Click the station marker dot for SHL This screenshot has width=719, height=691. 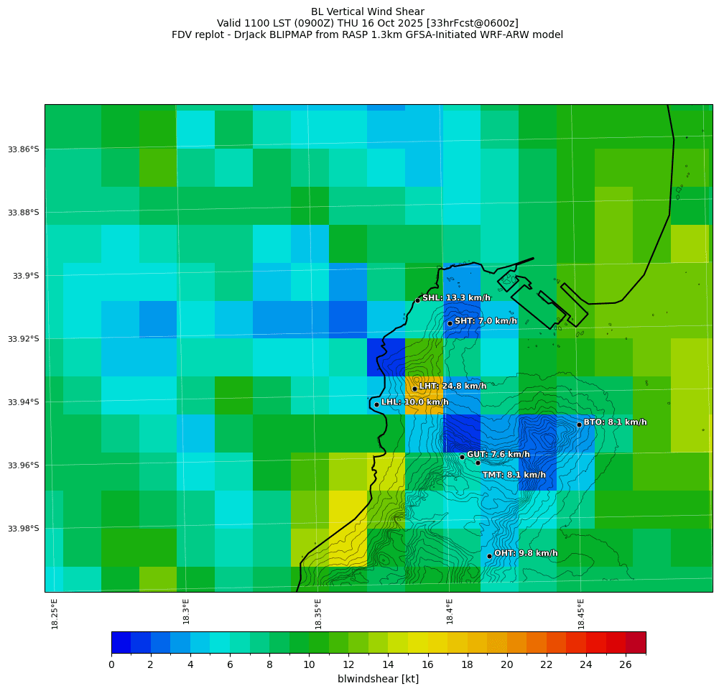click(x=417, y=300)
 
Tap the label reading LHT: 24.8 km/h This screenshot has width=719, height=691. click(x=453, y=386)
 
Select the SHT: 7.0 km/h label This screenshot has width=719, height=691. click(x=486, y=320)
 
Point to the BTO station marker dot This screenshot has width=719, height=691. click(x=579, y=425)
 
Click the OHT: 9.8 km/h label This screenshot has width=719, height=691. click(x=526, y=553)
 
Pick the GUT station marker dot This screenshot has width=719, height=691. click(x=462, y=457)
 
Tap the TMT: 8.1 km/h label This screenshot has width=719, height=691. click(x=514, y=475)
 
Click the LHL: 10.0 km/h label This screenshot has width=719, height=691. click(x=414, y=402)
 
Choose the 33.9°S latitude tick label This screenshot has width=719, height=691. click(x=24, y=276)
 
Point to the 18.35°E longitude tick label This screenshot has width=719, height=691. click(x=317, y=613)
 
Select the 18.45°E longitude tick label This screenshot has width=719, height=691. click(x=581, y=613)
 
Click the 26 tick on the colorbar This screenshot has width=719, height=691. click(x=626, y=664)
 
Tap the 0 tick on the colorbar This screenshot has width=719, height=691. click(x=111, y=664)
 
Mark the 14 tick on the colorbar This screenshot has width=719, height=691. click(x=389, y=664)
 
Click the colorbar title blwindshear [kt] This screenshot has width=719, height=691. click(x=378, y=679)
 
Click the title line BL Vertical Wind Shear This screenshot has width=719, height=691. click(x=368, y=11)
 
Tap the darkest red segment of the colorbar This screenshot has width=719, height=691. click(x=636, y=642)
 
